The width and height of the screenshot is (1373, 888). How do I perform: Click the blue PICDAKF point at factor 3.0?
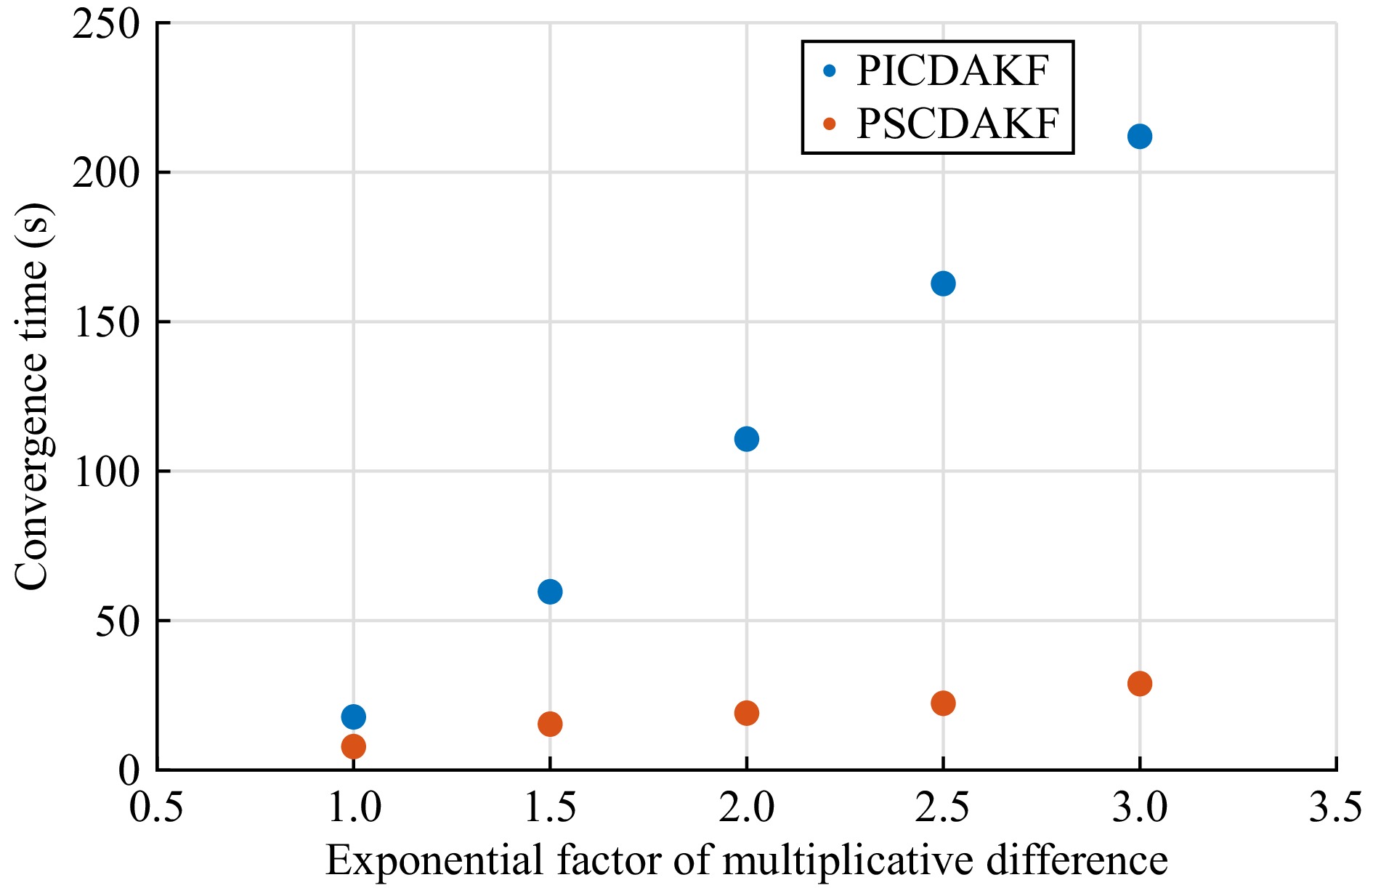click(1139, 137)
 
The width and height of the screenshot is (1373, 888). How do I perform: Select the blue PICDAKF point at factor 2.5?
click(942, 283)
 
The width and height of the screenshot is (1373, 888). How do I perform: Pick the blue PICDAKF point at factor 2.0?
click(746, 439)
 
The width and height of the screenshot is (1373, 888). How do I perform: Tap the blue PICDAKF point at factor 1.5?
click(550, 592)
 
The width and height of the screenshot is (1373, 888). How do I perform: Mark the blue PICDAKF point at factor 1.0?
click(353, 717)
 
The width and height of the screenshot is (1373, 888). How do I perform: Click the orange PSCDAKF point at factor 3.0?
click(1139, 683)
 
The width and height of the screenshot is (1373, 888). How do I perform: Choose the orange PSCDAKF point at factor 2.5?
click(942, 703)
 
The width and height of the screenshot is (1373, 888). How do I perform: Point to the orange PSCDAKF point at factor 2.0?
click(746, 713)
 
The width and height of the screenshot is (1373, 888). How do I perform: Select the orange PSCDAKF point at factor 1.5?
click(550, 724)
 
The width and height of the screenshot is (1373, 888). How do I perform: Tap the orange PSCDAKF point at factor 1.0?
click(353, 746)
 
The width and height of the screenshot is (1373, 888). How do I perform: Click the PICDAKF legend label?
click(952, 71)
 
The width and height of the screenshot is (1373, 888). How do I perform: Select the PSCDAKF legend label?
click(957, 124)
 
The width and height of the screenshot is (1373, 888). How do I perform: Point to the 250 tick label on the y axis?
click(106, 25)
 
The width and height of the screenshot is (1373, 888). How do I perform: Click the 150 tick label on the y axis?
click(106, 323)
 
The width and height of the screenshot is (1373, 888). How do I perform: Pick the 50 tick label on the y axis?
click(118, 621)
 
